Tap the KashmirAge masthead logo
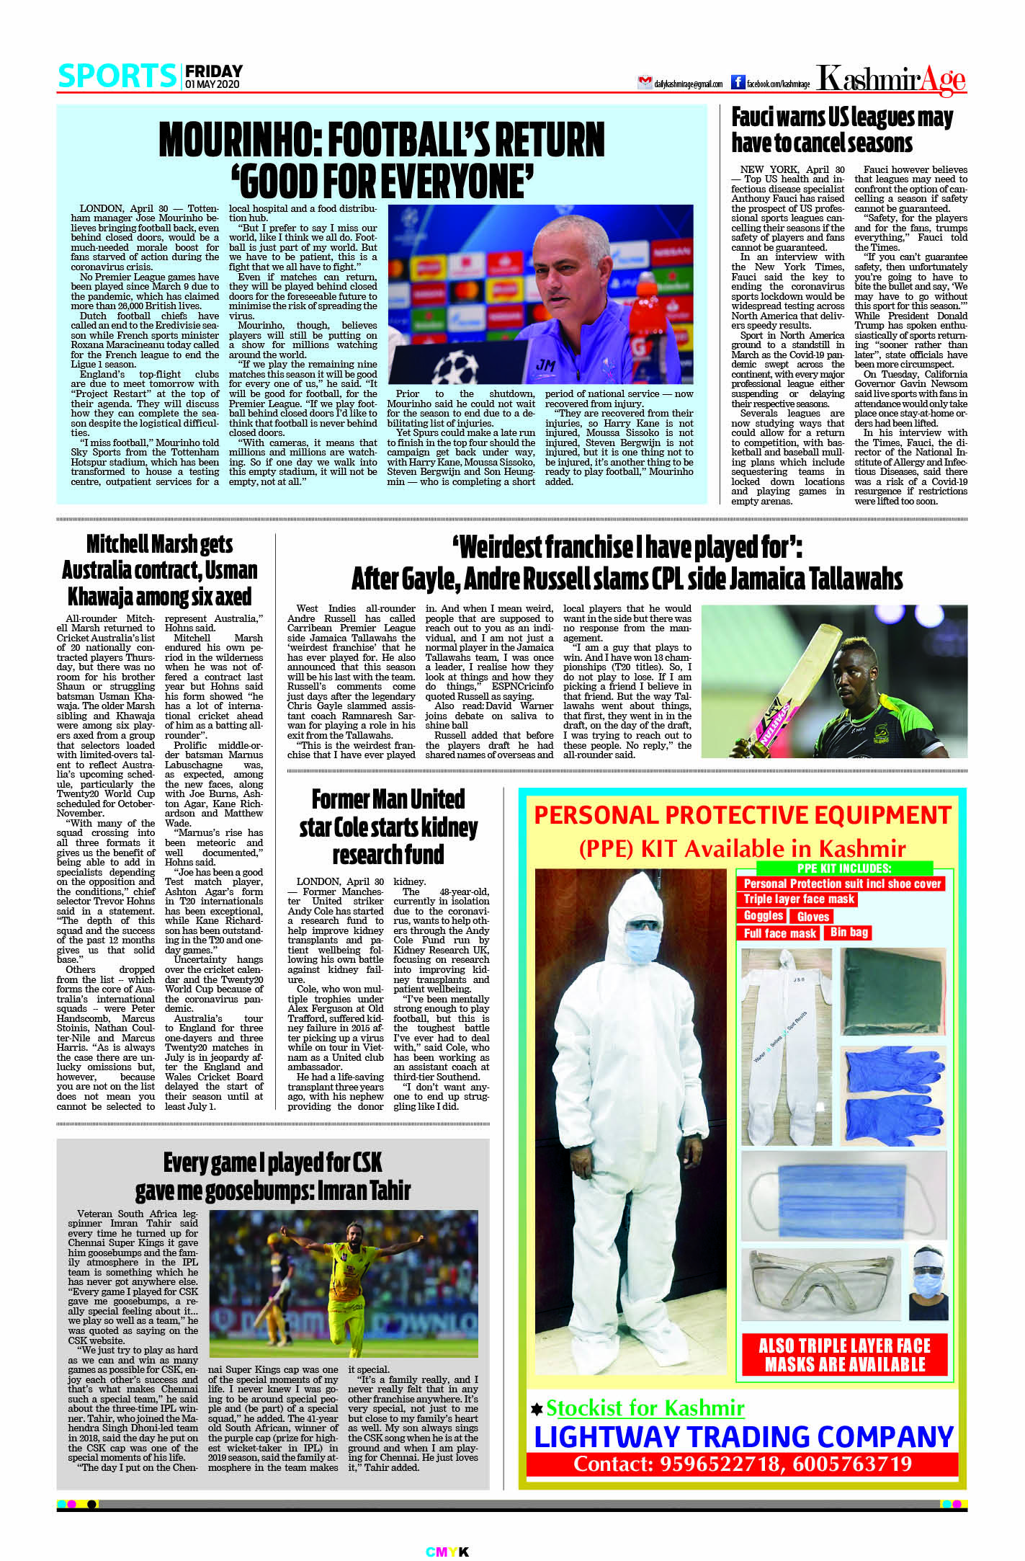(x=891, y=79)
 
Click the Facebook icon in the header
(x=738, y=82)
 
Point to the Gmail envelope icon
(x=645, y=83)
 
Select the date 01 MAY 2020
(x=212, y=84)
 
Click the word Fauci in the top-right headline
(x=761, y=117)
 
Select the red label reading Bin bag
(x=849, y=932)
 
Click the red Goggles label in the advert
(x=764, y=916)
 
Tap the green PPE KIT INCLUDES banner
(x=844, y=868)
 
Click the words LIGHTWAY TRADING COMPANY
(x=743, y=1436)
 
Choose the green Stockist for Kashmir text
(x=645, y=1407)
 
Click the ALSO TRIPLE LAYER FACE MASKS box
(x=844, y=1355)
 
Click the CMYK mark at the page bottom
(x=447, y=1552)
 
